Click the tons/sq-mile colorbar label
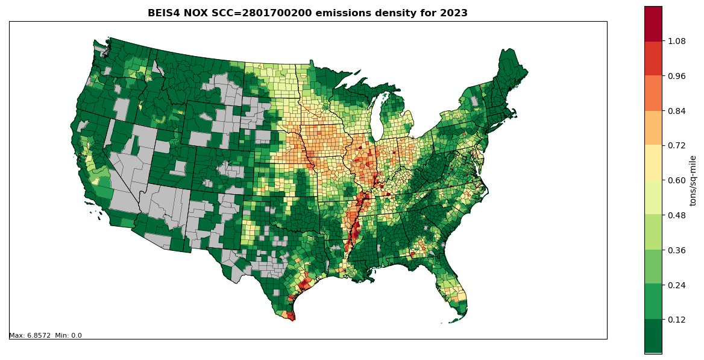point(693,180)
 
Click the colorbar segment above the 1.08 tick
point(653,24)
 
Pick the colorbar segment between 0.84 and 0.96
point(653,93)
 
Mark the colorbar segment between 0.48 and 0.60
point(653,197)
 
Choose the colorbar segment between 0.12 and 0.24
point(653,302)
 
